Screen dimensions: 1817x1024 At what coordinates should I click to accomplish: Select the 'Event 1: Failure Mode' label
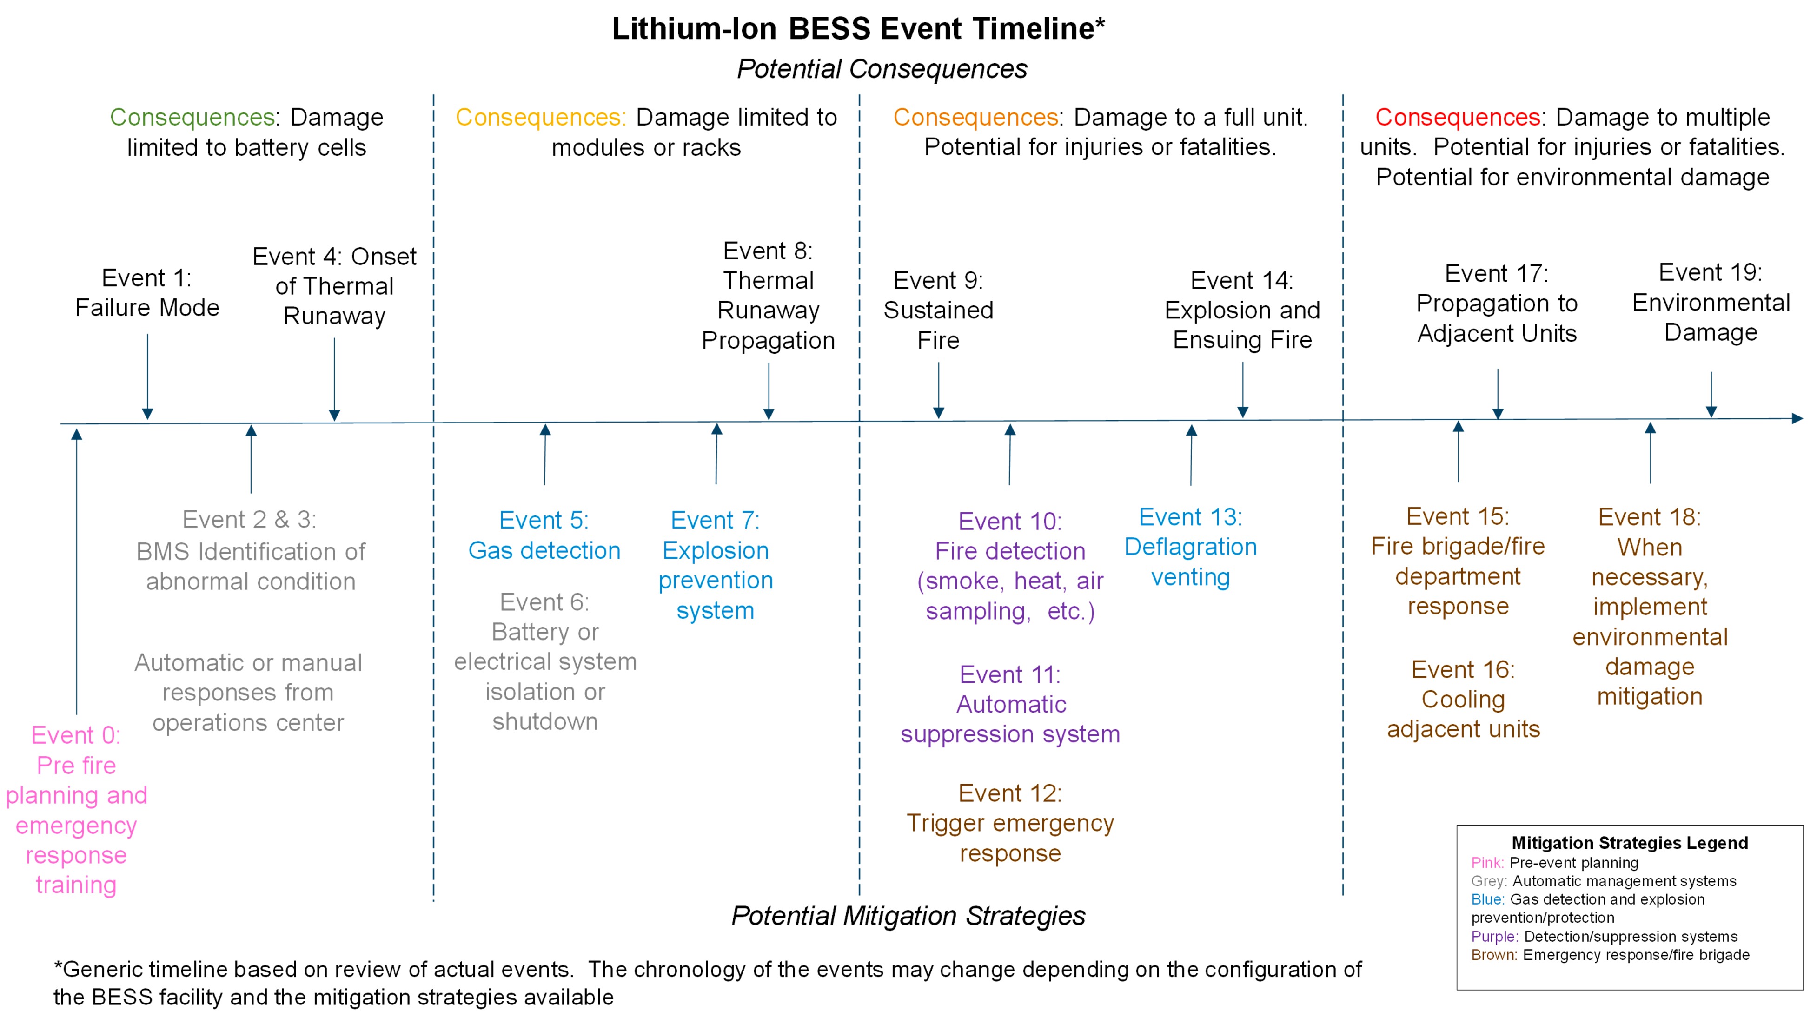147,293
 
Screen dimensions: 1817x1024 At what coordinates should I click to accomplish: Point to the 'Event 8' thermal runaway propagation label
768,296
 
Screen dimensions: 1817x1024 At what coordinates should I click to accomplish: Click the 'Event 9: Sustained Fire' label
938,311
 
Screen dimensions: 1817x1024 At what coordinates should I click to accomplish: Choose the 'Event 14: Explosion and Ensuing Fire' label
1242,311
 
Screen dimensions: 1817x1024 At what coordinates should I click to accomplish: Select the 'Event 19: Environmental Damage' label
1711,302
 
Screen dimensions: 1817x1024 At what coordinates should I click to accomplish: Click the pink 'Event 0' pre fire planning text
76,810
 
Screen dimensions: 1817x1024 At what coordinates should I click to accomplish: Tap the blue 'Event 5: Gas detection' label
544,535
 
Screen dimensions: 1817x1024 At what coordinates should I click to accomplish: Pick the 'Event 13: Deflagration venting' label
1191,547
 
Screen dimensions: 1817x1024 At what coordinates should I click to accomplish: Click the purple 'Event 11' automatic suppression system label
1010,705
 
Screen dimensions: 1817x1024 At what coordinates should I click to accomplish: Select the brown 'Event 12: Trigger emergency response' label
1010,823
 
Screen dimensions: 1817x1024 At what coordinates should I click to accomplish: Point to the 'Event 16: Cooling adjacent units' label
1463,699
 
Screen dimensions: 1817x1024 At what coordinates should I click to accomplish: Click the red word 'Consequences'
1457,117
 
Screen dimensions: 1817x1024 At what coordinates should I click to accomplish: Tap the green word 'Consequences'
192,117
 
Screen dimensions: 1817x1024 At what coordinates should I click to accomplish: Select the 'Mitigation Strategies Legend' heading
1629,843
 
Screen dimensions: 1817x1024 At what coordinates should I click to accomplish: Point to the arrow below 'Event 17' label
1498,394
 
